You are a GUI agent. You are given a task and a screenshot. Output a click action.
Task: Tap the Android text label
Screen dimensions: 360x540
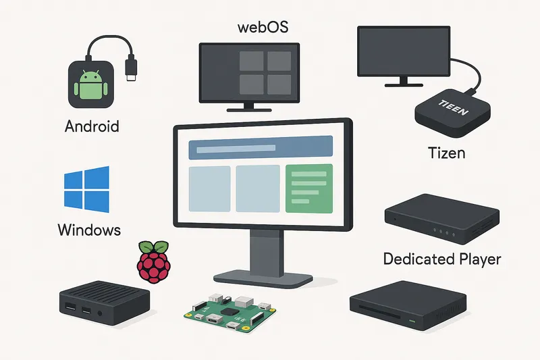[x=92, y=126]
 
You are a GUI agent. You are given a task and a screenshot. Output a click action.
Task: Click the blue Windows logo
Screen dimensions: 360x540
[x=86, y=188]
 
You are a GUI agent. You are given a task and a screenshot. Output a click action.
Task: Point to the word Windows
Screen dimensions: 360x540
[x=89, y=230]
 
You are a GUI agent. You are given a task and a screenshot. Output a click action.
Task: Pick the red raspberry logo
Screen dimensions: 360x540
[x=154, y=261]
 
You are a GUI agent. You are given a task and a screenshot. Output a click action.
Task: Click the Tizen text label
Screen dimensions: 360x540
[x=447, y=153]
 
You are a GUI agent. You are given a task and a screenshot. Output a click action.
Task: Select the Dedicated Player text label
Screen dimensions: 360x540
[x=442, y=259]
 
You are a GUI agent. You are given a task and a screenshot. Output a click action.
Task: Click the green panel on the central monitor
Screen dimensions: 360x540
[x=308, y=188]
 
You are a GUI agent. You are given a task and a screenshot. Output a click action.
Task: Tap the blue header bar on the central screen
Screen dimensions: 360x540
[x=261, y=147]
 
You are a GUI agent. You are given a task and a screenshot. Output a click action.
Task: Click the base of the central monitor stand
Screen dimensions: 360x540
[x=262, y=276]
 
